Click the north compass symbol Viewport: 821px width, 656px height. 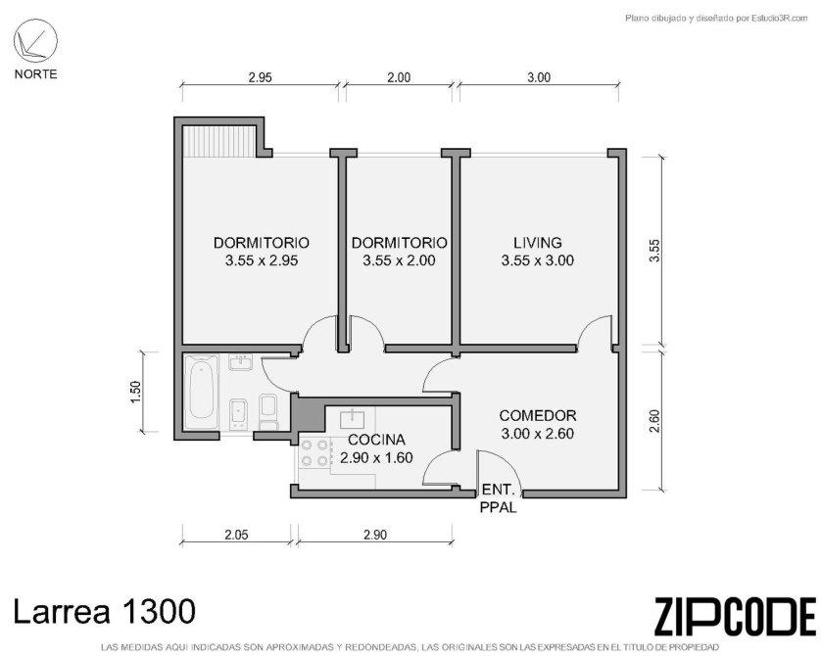(35, 40)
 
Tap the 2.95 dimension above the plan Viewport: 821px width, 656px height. (261, 78)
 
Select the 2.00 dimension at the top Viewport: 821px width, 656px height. (399, 78)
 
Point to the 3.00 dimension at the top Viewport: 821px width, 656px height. (539, 78)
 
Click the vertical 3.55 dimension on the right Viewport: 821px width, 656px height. (654, 250)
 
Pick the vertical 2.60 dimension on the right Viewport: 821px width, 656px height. (654, 421)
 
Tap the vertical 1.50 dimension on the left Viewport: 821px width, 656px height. (135, 392)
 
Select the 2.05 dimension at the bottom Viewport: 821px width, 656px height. (236, 535)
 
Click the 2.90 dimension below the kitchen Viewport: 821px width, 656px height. (375, 535)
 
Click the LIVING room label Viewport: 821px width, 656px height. (538, 243)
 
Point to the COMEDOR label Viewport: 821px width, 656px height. (538, 416)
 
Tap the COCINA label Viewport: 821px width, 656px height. (376, 440)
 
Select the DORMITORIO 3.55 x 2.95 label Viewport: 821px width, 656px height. (262, 252)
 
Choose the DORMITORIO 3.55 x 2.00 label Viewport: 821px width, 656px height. (399, 252)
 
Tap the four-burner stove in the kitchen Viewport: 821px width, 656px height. (314, 453)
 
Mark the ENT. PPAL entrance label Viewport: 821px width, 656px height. (499, 498)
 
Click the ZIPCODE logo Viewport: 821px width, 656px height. (735, 616)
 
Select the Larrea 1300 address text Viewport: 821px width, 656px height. (104, 612)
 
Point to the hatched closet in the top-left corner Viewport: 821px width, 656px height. (218, 141)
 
